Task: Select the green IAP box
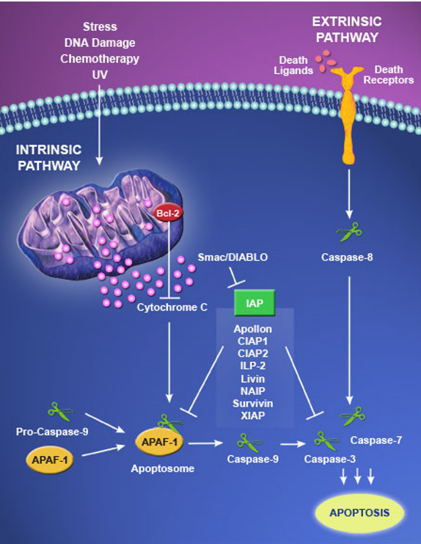254,302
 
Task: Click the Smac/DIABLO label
233,258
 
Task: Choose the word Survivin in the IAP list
254,404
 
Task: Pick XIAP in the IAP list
254,416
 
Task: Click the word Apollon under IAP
254,330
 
